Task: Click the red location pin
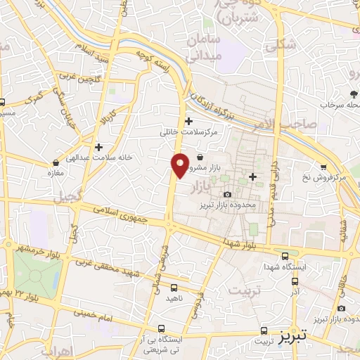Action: (x=180, y=165)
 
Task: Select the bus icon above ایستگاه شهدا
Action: (x=284, y=257)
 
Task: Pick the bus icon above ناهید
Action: (x=174, y=287)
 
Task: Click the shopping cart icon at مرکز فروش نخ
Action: (x=323, y=167)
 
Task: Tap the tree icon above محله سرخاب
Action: (x=353, y=94)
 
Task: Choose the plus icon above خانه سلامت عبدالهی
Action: (x=98, y=147)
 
